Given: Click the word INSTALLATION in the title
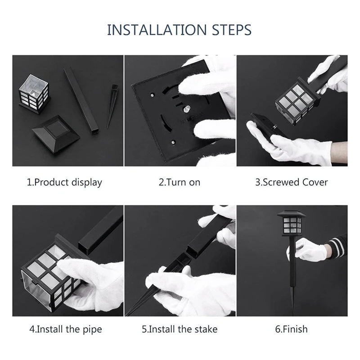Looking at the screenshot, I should (155, 30).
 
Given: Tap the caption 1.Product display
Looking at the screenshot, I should (64, 182).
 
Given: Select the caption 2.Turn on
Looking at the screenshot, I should (180, 182).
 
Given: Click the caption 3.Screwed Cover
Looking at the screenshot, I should (292, 182).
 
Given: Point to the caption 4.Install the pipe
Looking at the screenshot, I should (66, 329).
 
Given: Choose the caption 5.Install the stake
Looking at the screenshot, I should (180, 329).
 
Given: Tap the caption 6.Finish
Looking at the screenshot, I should (292, 329).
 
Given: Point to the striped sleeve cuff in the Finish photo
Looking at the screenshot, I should (337, 247).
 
